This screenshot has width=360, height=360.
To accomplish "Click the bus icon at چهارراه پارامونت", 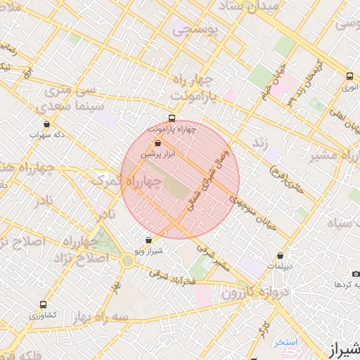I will click(x=172, y=118).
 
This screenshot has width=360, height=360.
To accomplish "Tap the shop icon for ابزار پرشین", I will click(x=157, y=143).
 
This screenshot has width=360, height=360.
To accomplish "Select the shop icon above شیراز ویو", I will click(x=148, y=240).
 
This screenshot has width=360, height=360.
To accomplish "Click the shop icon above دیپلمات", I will click(x=281, y=256).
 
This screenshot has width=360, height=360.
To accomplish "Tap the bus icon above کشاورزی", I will click(x=44, y=305).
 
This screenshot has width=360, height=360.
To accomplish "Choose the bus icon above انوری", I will click(x=349, y=77).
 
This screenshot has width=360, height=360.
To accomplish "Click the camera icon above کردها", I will click(x=356, y=274).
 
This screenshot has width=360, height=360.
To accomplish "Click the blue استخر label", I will click(x=286, y=342).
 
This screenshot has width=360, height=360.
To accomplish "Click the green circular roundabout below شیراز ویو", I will click(x=127, y=261).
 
